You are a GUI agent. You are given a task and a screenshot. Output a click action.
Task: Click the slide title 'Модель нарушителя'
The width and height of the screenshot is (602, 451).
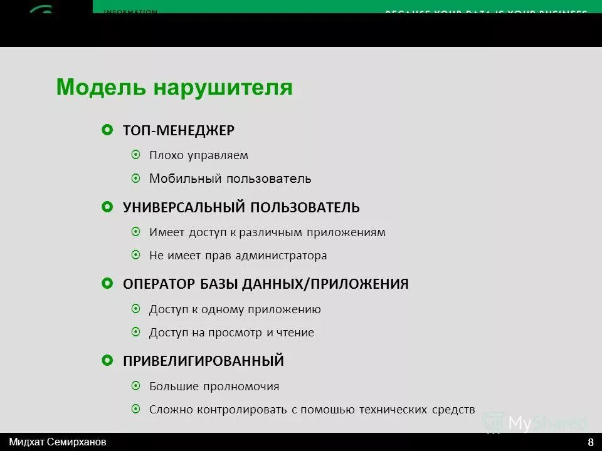pyautogui.click(x=174, y=87)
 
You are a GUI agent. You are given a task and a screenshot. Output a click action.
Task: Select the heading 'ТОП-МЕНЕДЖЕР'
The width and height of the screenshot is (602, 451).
pyautogui.click(x=179, y=130)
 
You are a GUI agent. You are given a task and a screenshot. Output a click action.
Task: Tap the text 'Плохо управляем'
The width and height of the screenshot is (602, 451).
pyautogui.click(x=199, y=155)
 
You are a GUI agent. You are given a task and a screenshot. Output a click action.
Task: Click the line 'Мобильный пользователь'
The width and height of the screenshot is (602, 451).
pyautogui.click(x=230, y=179)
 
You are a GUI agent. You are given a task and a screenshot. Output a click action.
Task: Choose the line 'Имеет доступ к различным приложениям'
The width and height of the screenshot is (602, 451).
pyautogui.click(x=267, y=232)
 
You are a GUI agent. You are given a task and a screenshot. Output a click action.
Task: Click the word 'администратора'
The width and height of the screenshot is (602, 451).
pyautogui.click(x=287, y=256)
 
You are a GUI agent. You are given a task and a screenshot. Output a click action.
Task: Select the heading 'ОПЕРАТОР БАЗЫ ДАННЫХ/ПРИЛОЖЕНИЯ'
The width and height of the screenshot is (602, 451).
pyautogui.click(x=266, y=284)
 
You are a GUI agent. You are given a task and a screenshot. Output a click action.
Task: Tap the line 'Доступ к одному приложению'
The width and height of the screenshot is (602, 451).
pyautogui.click(x=235, y=309)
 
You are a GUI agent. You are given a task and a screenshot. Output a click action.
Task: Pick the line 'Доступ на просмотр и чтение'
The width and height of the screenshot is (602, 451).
pyautogui.click(x=231, y=333)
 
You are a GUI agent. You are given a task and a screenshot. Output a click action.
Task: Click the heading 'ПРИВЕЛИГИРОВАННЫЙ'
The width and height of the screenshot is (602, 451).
pyautogui.click(x=204, y=361)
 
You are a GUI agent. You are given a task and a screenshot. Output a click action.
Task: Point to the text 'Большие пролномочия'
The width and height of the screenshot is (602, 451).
pyautogui.click(x=214, y=386)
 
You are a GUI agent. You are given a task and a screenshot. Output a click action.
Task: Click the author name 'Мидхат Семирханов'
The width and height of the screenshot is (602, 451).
pyautogui.click(x=58, y=441)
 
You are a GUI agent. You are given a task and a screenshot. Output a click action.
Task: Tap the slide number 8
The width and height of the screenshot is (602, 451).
pyautogui.click(x=591, y=442)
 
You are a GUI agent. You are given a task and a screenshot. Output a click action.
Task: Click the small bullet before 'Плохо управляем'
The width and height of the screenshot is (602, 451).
pyautogui.click(x=136, y=155)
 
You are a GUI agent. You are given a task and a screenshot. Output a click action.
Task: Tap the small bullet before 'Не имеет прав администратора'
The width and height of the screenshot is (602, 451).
pyautogui.click(x=136, y=256)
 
